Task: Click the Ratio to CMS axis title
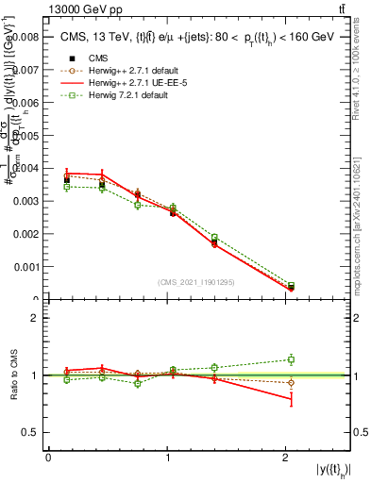point(12,375)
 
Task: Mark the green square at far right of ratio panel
point(291,358)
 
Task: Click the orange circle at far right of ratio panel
point(291,382)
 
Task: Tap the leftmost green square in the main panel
point(67,187)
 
